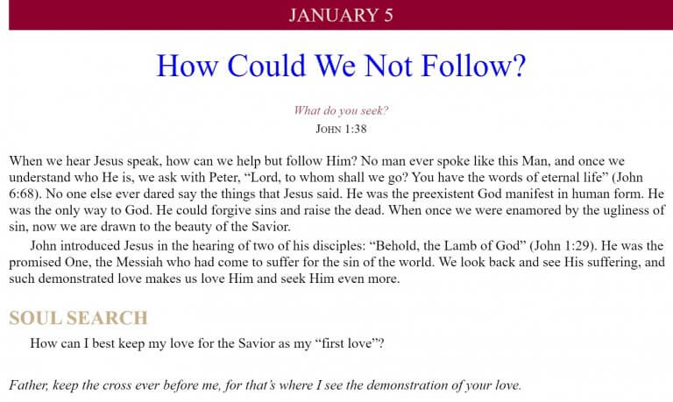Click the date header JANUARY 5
[341, 15]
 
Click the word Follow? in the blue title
[473, 66]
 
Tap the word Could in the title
[267, 66]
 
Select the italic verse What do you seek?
[341, 110]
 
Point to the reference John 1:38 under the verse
[341, 129]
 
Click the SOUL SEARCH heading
[78, 318]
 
